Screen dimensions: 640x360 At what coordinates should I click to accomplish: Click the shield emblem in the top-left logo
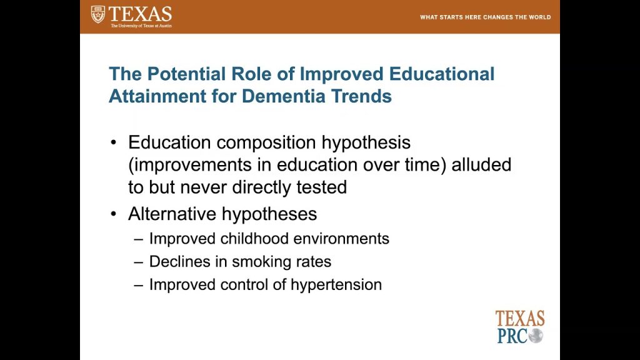click(98, 14)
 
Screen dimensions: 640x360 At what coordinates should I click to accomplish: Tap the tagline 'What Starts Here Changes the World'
click(485, 17)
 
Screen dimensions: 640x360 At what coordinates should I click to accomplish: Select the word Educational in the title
click(442, 74)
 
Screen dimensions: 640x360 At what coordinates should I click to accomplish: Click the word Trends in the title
click(361, 96)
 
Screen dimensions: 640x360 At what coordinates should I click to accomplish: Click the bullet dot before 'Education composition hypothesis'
click(114, 142)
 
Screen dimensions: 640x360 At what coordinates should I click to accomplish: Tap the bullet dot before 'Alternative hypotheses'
click(114, 214)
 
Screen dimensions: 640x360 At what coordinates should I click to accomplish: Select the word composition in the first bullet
click(266, 143)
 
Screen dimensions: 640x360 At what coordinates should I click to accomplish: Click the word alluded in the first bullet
click(481, 164)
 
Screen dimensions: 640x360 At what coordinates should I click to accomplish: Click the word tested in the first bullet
click(322, 187)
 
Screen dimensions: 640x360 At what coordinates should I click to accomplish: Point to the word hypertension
click(336, 285)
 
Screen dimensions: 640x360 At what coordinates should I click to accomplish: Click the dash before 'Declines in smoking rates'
click(138, 262)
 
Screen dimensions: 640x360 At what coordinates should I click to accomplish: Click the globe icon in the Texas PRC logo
click(536, 336)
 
